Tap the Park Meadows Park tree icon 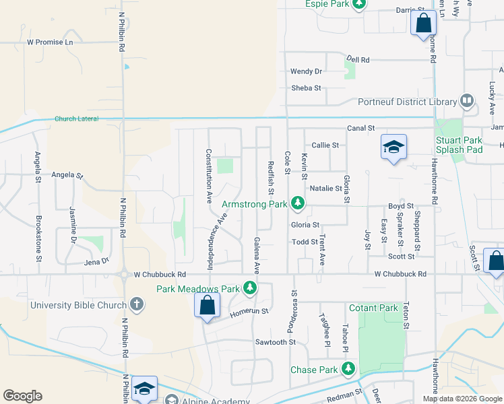(x=251, y=289)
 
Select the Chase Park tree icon (x=348, y=369)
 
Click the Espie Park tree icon (x=360, y=4)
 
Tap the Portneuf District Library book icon (x=467, y=102)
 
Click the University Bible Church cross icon (x=136, y=304)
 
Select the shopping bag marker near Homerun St (x=208, y=305)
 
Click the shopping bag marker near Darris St (x=423, y=24)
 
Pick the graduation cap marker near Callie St (x=393, y=147)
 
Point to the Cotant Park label (x=373, y=308)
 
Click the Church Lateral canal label (x=77, y=119)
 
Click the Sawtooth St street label (x=275, y=342)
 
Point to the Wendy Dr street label (x=307, y=71)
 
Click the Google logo (x=22, y=396)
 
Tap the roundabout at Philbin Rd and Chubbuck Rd (x=123, y=275)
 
